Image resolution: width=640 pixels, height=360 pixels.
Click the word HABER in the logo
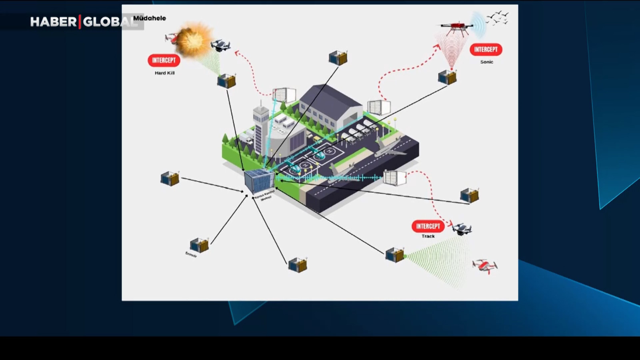tap(53, 22)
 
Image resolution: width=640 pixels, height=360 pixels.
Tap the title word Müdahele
tap(149, 18)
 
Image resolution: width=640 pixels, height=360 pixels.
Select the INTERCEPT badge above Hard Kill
tap(164, 60)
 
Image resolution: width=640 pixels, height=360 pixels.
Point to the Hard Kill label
tap(164, 73)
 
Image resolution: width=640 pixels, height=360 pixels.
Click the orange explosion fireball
tap(194, 40)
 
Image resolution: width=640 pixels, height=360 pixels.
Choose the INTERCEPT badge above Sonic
tap(486, 50)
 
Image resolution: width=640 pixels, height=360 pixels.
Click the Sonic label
tap(486, 62)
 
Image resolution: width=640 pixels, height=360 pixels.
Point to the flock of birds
tap(498, 18)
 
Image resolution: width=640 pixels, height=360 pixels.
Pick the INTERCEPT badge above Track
tap(428, 226)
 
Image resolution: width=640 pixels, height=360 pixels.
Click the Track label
tap(428, 236)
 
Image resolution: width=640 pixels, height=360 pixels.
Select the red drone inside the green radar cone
tap(485, 266)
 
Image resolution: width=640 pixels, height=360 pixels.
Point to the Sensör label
tap(191, 254)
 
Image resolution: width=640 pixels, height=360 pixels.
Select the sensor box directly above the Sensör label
tap(199, 245)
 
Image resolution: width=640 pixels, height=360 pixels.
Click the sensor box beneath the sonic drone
tap(447, 77)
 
